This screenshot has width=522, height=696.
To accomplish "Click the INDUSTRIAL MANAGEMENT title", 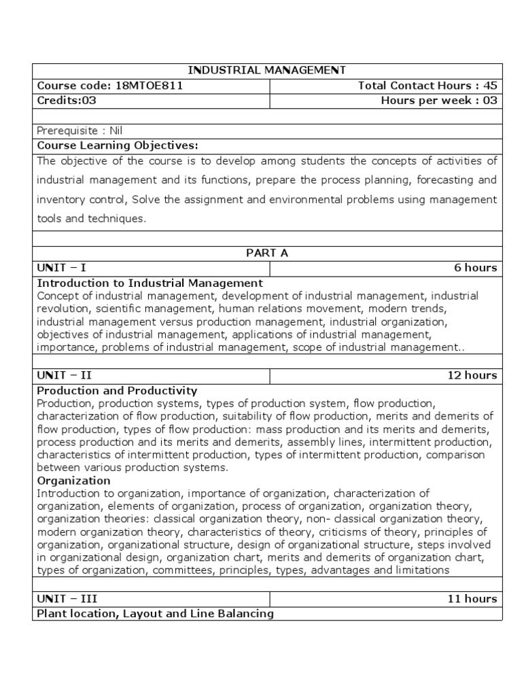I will pyautogui.click(x=266, y=70).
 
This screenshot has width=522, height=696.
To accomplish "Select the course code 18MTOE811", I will pyautogui.click(x=109, y=86).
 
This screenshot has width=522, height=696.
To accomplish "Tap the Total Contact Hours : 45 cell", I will pyautogui.click(x=428, y=86).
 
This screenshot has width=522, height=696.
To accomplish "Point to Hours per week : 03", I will pyautogui.click(x=439, y=101).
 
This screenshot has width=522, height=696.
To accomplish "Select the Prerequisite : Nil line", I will pyautogui.click(x=80, y=130).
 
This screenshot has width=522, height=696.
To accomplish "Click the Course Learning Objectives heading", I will pyautogui.click(x=117, y=145).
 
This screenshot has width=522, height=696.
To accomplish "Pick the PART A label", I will pyautogui.click(x=266, y=253).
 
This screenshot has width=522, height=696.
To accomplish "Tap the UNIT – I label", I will pyautogui.click(x=61, y=268).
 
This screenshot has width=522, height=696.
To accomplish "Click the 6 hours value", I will pyautogui.click(x=475, y=268).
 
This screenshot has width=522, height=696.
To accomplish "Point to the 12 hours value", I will pyautogui.click(x=472, y=375).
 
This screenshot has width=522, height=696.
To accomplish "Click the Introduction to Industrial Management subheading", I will pyautogui.click(x=150, y=282).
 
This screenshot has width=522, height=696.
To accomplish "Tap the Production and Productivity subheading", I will pyautogui.click(x=117, y=390).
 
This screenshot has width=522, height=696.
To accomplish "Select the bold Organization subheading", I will pyautogui.click(x=73, y=481).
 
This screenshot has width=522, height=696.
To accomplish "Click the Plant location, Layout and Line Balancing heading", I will pyautogui.click(x=155, y=614).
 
